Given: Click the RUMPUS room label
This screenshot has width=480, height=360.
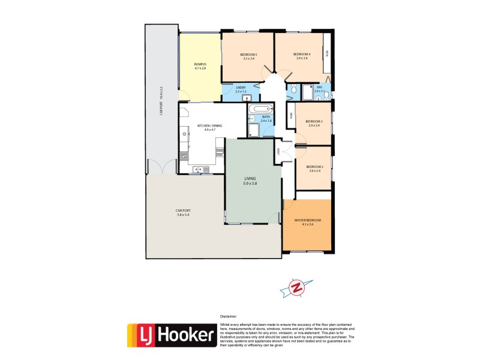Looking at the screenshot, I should tap(200, 64).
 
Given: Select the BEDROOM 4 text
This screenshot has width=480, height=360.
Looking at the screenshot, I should tap(301, 54).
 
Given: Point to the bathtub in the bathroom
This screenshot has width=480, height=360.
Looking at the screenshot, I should tap(260, 109).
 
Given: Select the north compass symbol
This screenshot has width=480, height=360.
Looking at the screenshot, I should tap(295, 288).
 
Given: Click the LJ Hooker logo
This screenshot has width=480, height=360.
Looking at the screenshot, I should tap(171, 335).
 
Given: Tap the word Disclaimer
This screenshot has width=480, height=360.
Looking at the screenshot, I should tap(229, 316).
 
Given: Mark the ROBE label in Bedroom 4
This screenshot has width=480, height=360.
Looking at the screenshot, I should tap(327, 53).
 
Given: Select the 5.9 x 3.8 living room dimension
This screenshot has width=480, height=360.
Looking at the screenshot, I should tap(250, 183).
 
